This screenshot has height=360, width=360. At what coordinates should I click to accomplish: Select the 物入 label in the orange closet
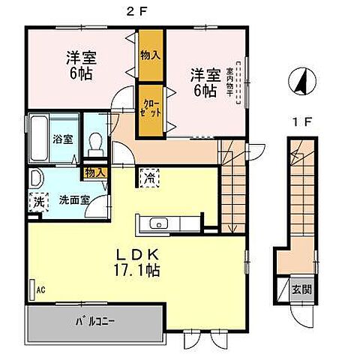(150, 55)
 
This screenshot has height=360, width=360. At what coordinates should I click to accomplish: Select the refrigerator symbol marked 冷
(148, 178)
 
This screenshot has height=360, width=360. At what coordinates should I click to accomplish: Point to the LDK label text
(135, 253)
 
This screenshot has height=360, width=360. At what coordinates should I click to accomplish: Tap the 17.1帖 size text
(136, 268)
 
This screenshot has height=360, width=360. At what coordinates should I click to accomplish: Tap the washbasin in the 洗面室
(36, 179)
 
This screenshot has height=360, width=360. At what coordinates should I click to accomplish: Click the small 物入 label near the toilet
(94, 173)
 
